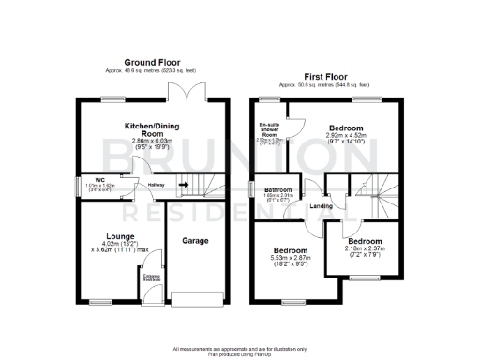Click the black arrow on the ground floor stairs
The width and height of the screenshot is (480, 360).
[x=185, y=184]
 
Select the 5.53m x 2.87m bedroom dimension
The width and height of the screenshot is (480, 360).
[x=291, y=259]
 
